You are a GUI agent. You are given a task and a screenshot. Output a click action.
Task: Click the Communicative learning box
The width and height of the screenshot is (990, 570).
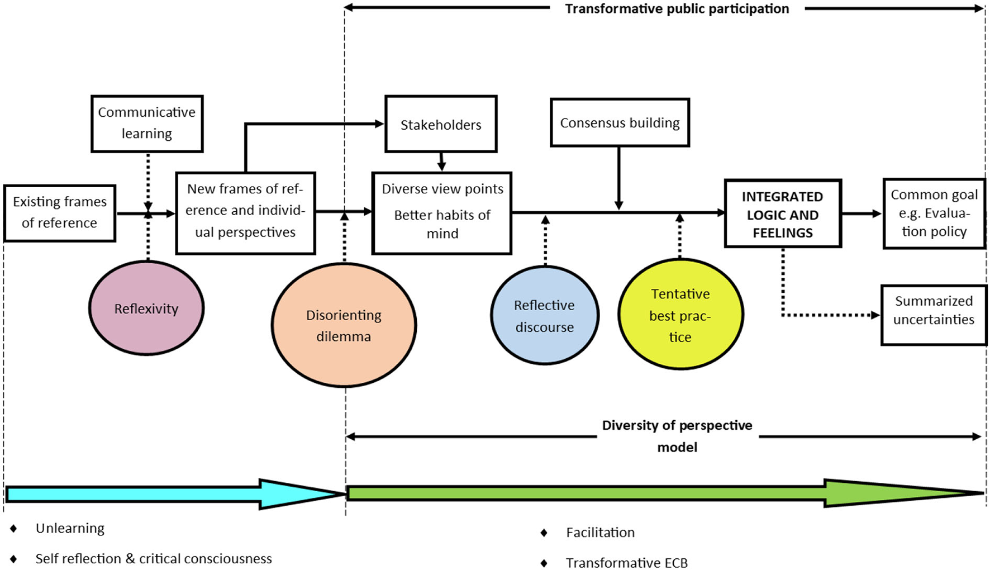click(x=147, y=123)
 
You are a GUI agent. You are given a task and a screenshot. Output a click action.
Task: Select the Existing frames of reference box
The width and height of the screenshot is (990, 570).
click(x=60, y=213)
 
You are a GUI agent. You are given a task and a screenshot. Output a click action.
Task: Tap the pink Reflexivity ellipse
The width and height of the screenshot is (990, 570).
click(x=146, y=308)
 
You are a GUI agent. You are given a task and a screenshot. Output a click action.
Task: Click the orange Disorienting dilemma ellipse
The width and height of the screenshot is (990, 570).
click(x=344, y=325)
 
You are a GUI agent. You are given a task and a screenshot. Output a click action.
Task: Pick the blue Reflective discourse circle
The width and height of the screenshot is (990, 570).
click(x=545, y=316)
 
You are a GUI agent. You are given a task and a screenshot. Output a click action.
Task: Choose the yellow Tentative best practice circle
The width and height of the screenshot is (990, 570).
click(x=680, y=315)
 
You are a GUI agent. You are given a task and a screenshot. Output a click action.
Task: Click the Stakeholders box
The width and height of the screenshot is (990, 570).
click(x=441, y=124)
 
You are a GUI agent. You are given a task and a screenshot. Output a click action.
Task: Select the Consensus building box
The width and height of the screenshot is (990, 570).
click(x=620, y=123)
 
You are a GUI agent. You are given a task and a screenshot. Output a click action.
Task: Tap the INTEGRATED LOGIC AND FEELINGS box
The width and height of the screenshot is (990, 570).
click(x=783, y=214)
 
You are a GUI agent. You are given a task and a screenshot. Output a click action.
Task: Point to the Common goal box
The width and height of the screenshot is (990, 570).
click(x=934, y=213)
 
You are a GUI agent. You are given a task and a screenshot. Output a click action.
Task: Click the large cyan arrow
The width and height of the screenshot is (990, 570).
click(x=168, y=494)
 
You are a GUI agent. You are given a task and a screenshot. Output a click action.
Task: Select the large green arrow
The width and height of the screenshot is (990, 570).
click(x=642, y=493)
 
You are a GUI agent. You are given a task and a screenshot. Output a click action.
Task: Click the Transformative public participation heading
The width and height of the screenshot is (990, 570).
click(x=677, y=9)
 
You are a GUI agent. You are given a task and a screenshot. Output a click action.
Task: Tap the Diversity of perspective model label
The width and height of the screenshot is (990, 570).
click(x=677, y=435)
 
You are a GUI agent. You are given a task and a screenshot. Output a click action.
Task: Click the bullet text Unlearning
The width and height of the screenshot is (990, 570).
click(x=70, y=529)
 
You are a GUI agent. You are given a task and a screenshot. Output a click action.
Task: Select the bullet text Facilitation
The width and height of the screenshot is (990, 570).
click(x=600, y=533)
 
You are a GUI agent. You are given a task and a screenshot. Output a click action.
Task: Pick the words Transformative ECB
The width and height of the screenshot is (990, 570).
click(x=626, y=563)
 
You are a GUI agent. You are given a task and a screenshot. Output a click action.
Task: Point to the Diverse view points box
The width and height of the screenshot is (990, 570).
click(x=442, y=213)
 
